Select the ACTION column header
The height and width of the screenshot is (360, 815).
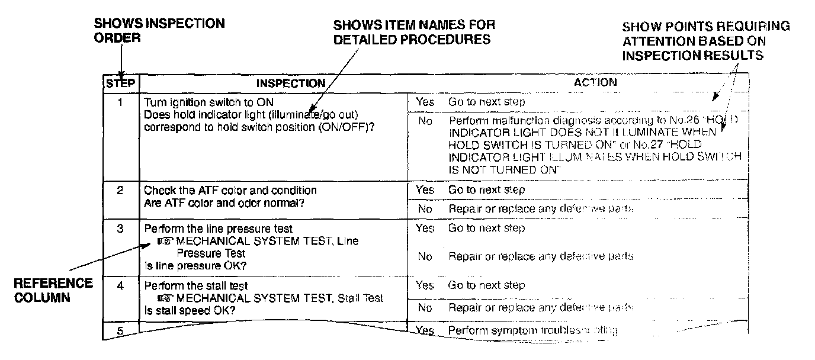click(595, 82)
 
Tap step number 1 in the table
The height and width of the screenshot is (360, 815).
click(121, 102)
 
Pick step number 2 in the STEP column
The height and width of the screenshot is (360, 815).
click(121, 191)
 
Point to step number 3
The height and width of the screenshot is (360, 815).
click(121, 228)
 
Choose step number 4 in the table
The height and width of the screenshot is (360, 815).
click(121, 285)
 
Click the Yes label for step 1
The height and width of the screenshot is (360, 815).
click(425, 102)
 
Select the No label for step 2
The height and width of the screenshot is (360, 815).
click(425, 209)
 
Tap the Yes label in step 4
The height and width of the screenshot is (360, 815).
click(425, 285)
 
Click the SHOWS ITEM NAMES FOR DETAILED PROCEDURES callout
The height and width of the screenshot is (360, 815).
click(415, 33)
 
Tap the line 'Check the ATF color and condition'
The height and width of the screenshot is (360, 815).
click(230, 191)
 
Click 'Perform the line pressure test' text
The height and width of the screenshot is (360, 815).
click(218, 228)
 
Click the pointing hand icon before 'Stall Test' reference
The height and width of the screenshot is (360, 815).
click(166, 298)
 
